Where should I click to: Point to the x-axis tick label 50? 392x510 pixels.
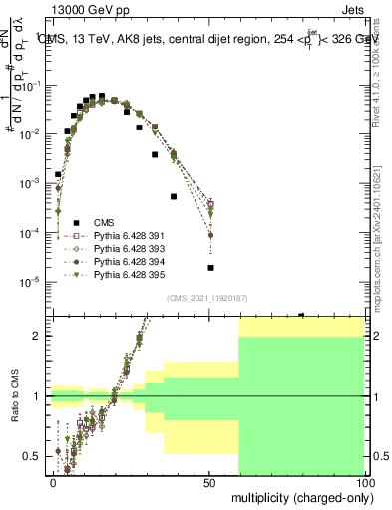pyautogui.click(x=209, y=482)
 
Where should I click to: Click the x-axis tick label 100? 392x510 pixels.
pyautogui.click(x=364, y=482)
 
